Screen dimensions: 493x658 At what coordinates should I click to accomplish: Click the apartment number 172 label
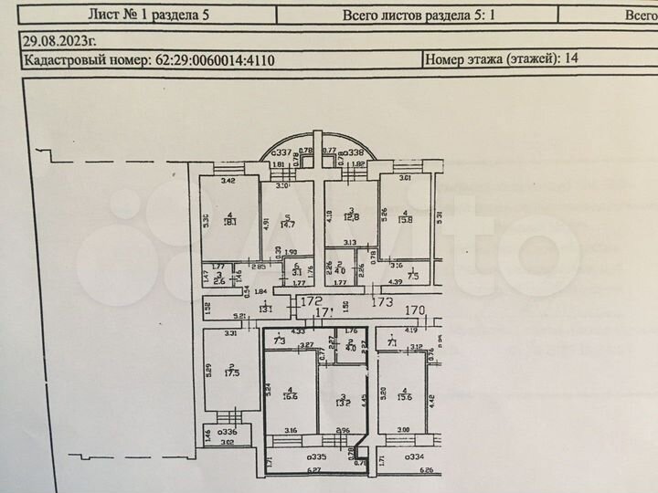tap(315, 299)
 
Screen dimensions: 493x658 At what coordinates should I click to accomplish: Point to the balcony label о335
tap(318, 456)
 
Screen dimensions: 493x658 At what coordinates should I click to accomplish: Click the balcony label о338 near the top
tap(352, 152)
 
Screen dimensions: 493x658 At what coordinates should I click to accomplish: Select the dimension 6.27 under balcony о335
tap(313, 471)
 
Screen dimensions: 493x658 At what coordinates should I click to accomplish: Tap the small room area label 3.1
tap(297, 271)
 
